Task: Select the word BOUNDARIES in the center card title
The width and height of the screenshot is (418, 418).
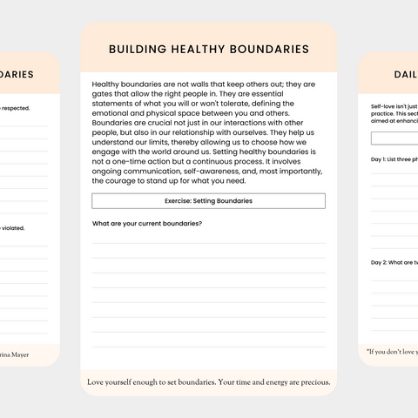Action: point(270,50)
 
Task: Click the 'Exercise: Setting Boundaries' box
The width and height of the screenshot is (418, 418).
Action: point(208,201)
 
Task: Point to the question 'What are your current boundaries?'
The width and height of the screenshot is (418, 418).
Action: point(147,224)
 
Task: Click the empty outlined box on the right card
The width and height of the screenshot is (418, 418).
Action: point(394,138)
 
